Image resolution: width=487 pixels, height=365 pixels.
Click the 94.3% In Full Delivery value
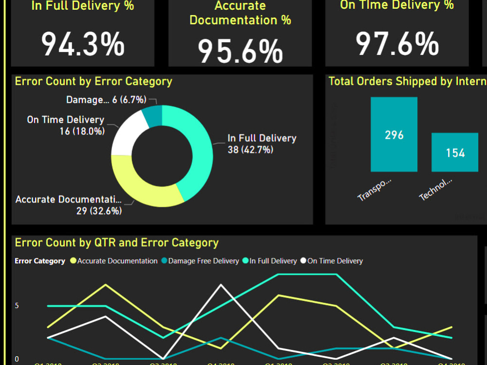coord(83,44)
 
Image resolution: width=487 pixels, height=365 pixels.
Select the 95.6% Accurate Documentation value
coord(240,51)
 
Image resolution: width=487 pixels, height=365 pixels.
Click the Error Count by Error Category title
coord(94,81)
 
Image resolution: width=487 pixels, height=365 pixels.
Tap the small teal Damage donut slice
coord(153,116)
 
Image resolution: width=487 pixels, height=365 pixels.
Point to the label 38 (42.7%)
coord(250,150)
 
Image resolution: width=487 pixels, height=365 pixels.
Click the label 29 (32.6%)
coord(99,211)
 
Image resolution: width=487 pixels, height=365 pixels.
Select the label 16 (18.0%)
coord(82,131)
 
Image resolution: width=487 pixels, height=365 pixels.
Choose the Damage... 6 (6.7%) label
coord(106,100)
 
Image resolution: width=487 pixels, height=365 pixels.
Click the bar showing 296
coord(394,134)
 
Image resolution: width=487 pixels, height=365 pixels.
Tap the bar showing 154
coord(455,152)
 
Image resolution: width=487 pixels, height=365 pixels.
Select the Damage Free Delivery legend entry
coord(204,261)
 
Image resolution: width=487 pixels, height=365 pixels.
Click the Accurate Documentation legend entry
coord(117,261)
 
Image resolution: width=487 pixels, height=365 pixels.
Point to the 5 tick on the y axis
coord(17,306)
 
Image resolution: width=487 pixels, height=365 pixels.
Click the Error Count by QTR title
coord(117,243)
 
